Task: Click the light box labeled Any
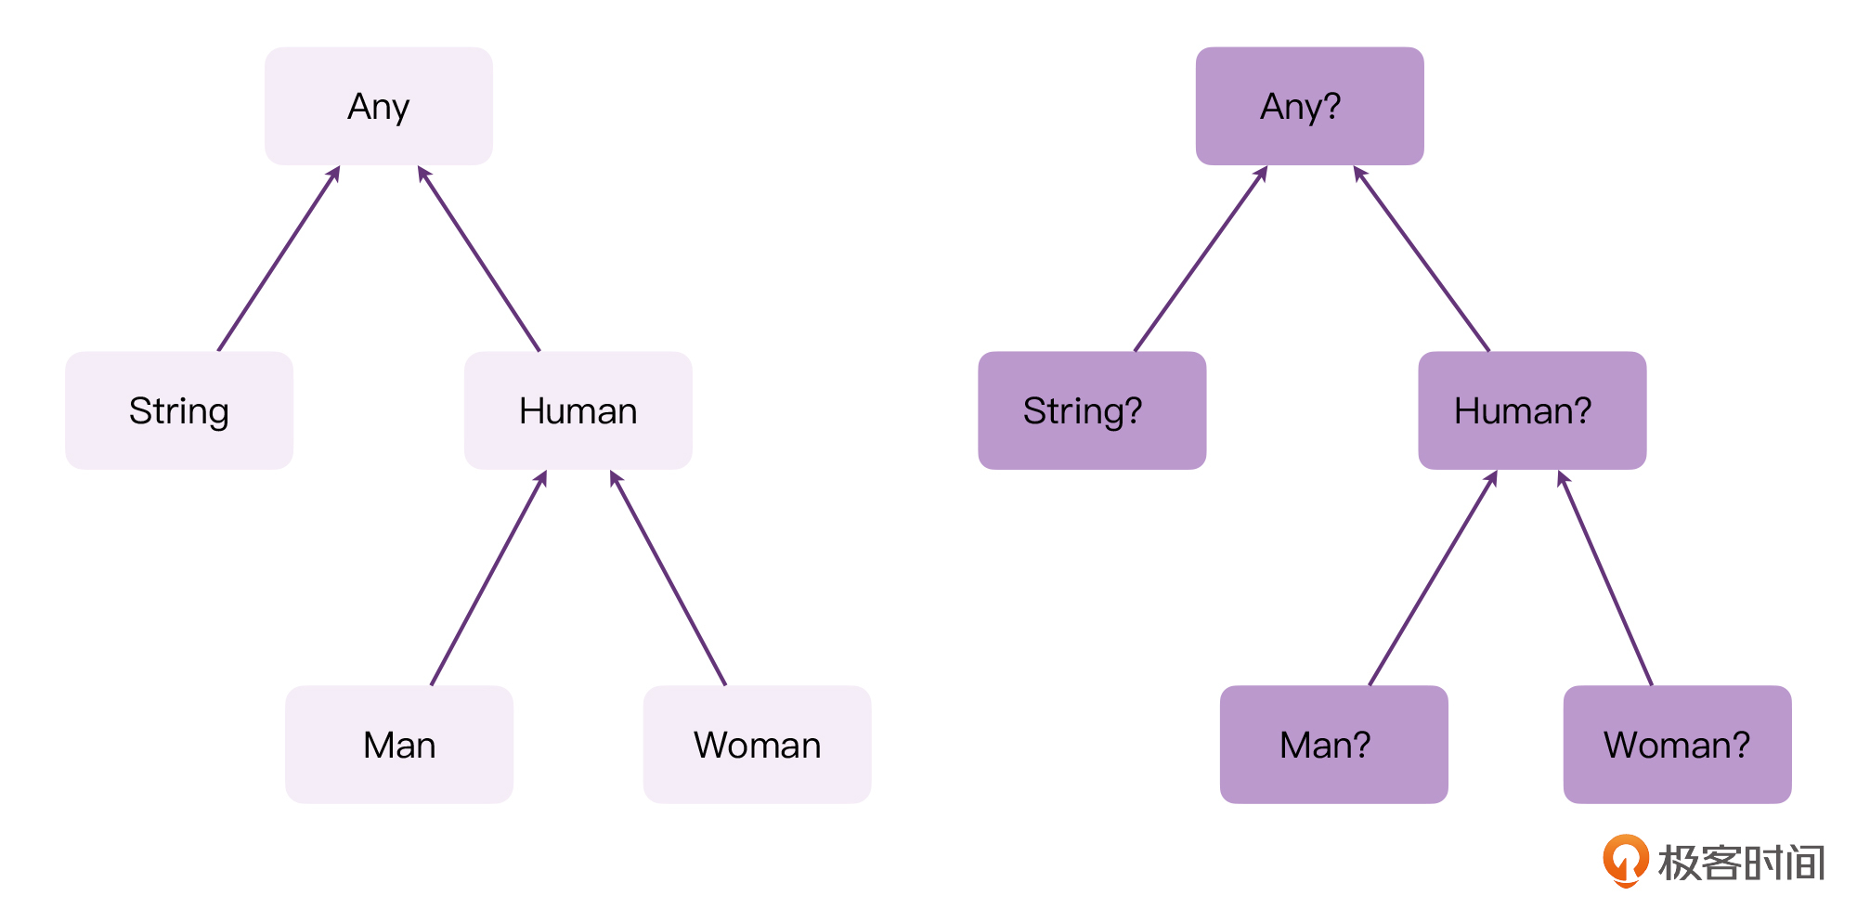click(379, 106)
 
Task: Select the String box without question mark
click(179, 410)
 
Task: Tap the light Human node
click(578, 410)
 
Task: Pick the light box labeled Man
click(399, 745)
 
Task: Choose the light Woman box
click(758, 745)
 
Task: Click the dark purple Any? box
click(1310, 106)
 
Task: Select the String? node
click(1092, 410)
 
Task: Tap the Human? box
click(1533, 410)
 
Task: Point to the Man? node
click(1334, 745)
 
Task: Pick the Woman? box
click(1678, 745)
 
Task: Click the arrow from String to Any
click(279, 258)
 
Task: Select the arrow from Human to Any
click(478, 258)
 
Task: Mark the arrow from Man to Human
click(488, 578)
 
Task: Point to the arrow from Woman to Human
click(668, 578)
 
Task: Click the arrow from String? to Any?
click(1201, 258)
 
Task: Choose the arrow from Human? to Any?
click(1422, 258)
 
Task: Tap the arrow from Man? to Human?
click(1433, 578)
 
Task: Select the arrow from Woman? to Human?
click(1605, 578)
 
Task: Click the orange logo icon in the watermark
click(1625, 861)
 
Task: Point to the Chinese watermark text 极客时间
click(1742, 863)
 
